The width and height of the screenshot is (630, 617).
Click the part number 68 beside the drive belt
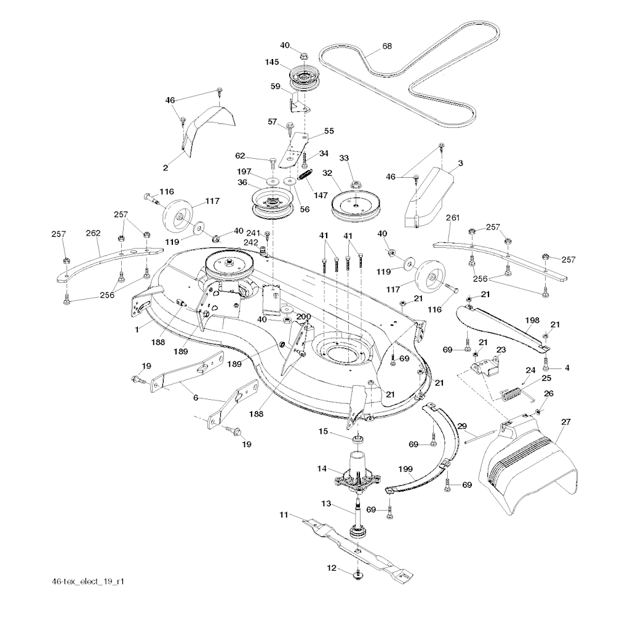point(387,46)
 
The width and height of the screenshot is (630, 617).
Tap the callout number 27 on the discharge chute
point(566,422)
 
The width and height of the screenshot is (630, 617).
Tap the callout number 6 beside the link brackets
point(196,398)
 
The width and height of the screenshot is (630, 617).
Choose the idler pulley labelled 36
point(271,204)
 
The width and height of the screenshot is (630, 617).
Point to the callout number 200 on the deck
point(303,316)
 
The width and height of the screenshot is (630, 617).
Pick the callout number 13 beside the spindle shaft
point(326,503)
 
